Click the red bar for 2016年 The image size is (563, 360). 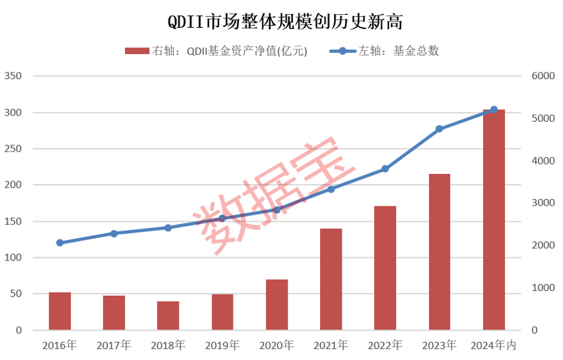point(60,311)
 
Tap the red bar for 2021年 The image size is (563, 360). point(331,279)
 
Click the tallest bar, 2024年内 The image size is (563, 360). point(493,220)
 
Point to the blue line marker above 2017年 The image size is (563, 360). point(114,233)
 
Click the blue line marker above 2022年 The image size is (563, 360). point(385,168)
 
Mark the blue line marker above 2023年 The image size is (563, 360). point(439,129)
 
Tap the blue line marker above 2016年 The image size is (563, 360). point(60,242)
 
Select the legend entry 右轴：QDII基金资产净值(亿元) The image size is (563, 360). point(217,51)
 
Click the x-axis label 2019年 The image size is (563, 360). point(222,345)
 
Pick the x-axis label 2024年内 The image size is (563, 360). point(493,345)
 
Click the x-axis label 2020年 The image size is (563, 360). point(276,345)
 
